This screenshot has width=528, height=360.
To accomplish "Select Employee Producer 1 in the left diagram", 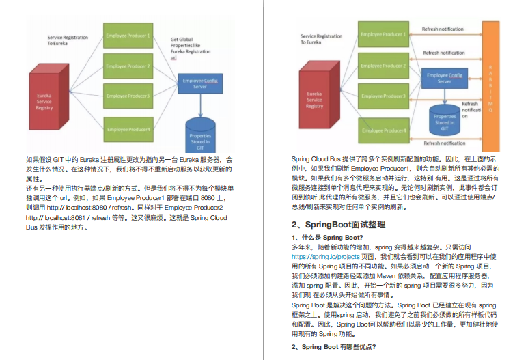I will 128,36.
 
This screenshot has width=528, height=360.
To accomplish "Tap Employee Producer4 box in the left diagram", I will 128,128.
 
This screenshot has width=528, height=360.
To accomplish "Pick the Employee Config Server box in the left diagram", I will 199,84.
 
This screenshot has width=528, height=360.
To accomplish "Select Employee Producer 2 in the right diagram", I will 383,66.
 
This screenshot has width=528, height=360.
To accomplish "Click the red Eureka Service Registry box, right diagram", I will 315,102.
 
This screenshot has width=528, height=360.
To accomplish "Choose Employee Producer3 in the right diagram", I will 383,97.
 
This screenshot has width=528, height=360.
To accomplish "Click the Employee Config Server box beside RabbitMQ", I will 444,78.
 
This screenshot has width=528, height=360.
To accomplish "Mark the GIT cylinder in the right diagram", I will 445,120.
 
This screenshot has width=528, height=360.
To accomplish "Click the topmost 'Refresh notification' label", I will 445,30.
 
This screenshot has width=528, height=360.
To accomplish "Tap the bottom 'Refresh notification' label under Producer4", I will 445,143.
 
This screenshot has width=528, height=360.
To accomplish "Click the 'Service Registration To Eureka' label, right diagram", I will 321,39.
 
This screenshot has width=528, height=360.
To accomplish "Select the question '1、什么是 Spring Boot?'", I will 327,237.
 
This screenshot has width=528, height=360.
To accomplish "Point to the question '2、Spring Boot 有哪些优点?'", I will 333,346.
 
